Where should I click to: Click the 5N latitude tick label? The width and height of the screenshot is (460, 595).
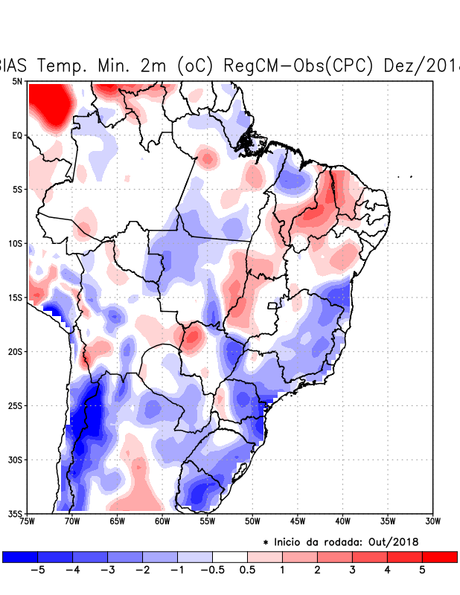coord(17,81)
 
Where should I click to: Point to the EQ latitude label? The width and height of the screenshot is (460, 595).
coord(17,135)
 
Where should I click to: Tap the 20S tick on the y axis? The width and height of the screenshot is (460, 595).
coord(14,351)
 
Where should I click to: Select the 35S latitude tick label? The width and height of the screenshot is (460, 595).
coord(14,513)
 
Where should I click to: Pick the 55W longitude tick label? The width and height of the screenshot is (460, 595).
coord(207,521)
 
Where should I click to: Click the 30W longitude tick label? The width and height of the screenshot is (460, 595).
coord(433,521)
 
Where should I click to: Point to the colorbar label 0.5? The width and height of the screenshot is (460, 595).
coord(247,570)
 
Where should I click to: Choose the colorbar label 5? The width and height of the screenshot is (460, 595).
coord(422,570)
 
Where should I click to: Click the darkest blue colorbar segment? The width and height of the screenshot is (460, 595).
coord(19,556)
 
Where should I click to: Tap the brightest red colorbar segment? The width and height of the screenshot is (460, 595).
coord(439,556)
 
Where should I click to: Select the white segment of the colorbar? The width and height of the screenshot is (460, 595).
coord(230,556)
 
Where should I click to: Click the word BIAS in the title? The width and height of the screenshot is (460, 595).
coord(15,65)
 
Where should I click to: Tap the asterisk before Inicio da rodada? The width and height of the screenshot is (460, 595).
coord(266,543)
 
